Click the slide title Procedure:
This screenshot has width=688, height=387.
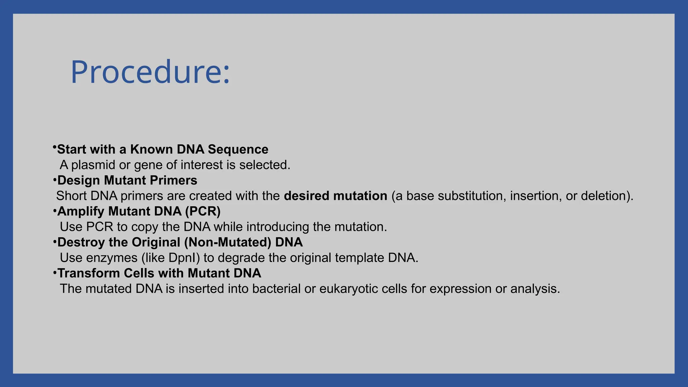tap(150, 72)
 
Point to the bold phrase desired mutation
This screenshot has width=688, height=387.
tap(335, 196)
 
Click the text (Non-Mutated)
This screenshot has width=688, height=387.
tap(227, 242)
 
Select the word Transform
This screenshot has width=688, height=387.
tap(88, 273)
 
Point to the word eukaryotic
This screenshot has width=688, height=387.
tap(346, 289)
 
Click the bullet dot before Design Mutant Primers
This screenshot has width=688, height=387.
tap(55, 180)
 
